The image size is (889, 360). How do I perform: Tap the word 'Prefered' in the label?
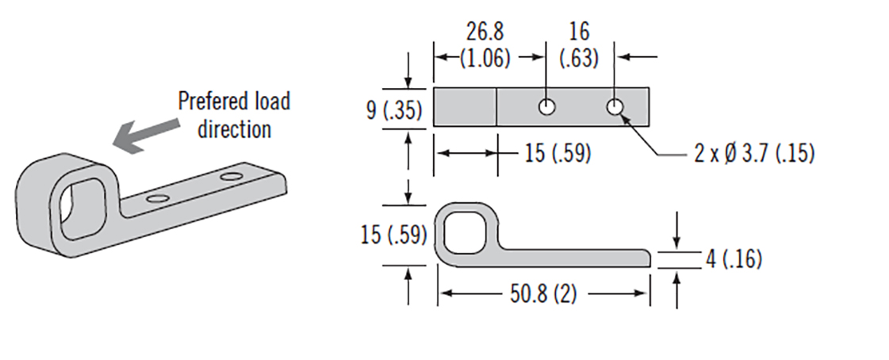pyautogui.click(x=205, y=101)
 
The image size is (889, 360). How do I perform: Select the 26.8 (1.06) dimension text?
pyautogui.click(x=485, y=44)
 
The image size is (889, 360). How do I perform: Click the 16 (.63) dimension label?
pyautogui.click(x=579, y=44)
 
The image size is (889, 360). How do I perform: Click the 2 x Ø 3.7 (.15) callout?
pyautogui.click(x=753, y=153)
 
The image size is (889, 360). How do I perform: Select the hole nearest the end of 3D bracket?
pyautogui.click(x=232, y=175)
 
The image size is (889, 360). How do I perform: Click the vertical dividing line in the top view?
pyautogui.click(x=496, y=107)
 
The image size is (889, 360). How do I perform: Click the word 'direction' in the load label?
pyautogui.click(x=234, y=129)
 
